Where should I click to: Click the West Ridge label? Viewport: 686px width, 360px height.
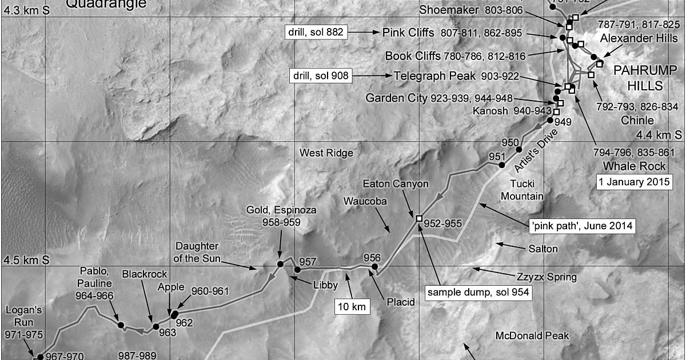pyautogui.click(x=326, y=153)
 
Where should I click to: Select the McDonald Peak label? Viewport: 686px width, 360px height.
pyautogui.click(x=532, y=335)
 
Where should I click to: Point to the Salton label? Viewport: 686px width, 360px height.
pyautogui.click(x=543, y=249)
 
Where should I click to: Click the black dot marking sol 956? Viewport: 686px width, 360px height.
pyautogui.click(x=375, y=266)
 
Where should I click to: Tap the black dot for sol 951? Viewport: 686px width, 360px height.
pyautogui.click(x=502, y=165)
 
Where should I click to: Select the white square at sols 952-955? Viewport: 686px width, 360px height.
pyautogui.click(x=419, y=218)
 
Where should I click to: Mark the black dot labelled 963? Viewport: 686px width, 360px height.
pyautogui.click(x=155, y=327)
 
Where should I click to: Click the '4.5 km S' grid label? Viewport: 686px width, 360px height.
pyautogui.click(x=26, y=261)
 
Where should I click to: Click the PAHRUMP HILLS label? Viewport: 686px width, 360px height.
pyautogui.click(x=637, y=78)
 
